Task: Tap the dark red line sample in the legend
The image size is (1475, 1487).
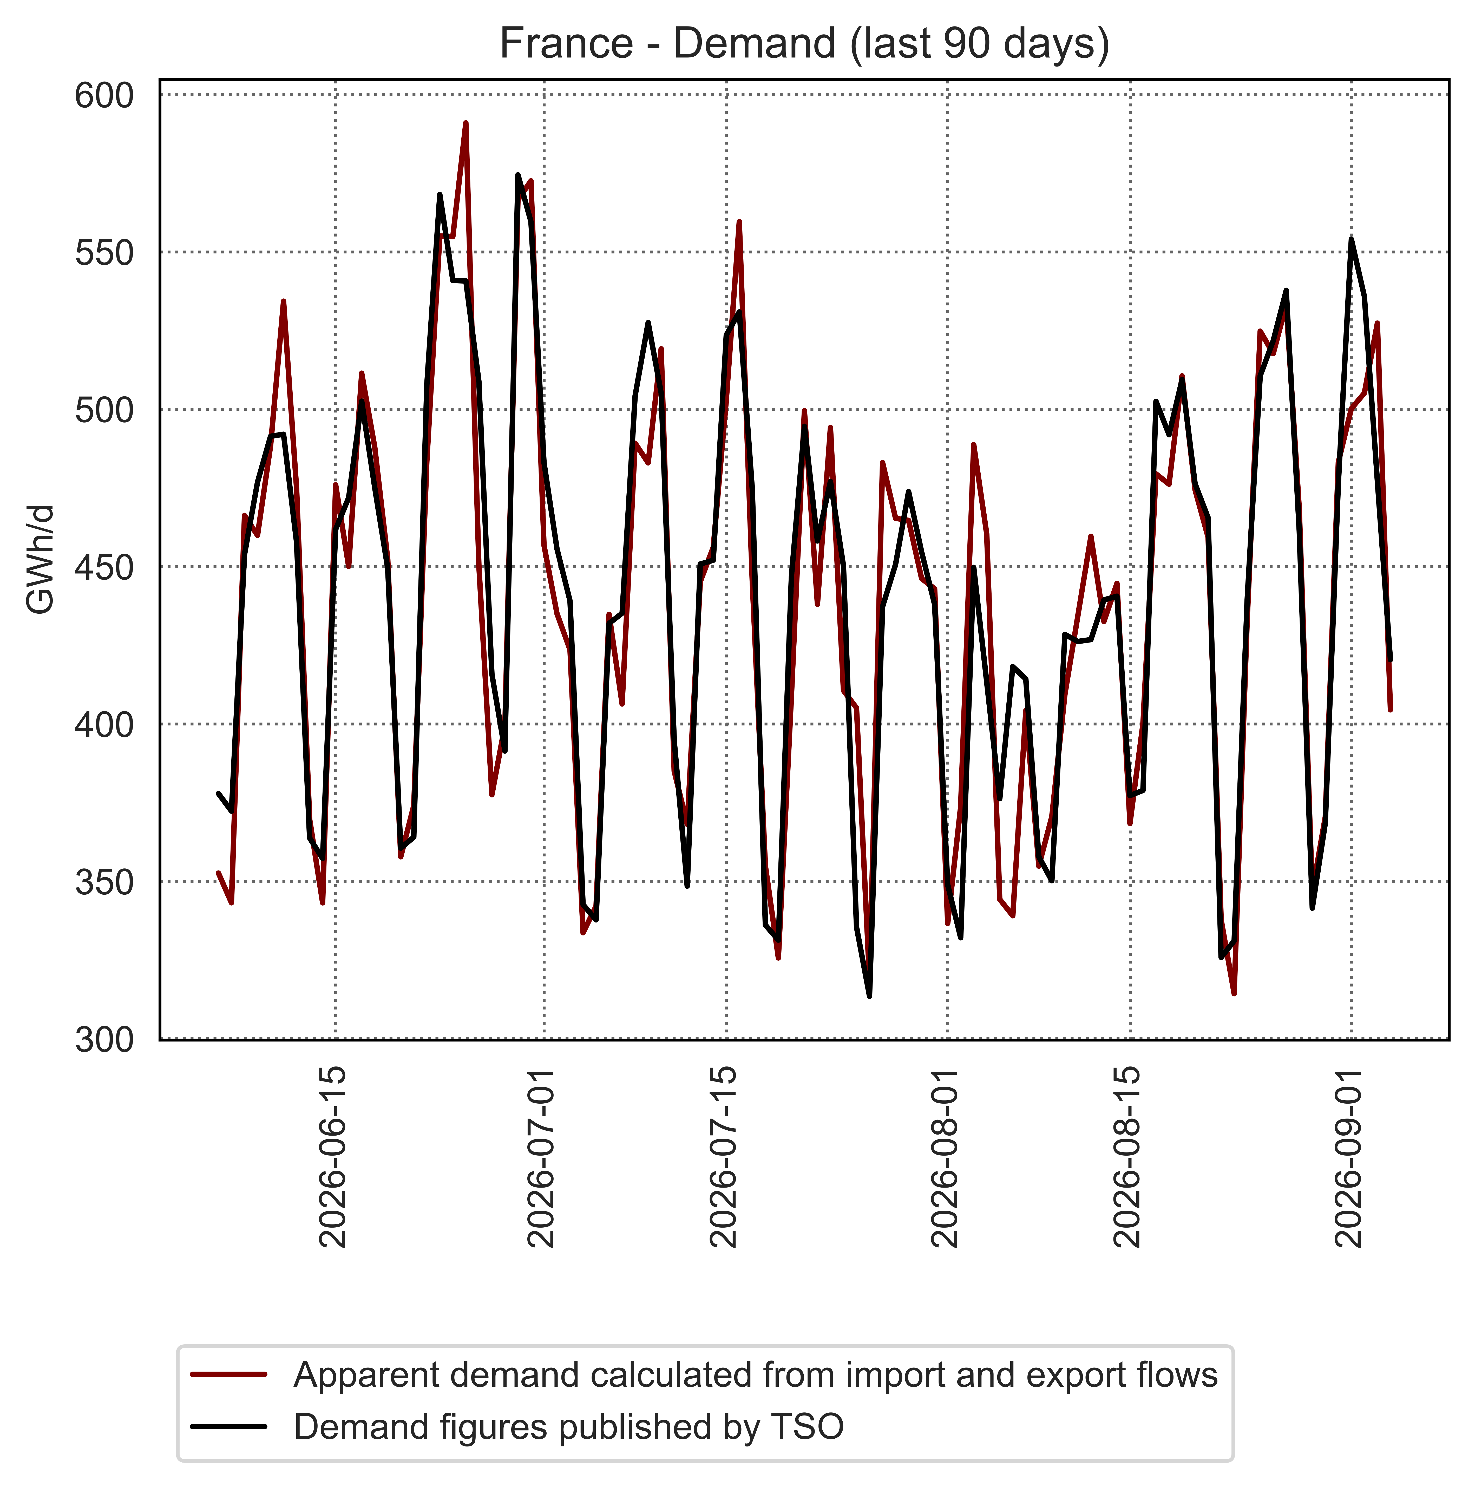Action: (x=229, y=1375)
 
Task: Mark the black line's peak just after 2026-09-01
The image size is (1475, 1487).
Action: (x=1351, y=239)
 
